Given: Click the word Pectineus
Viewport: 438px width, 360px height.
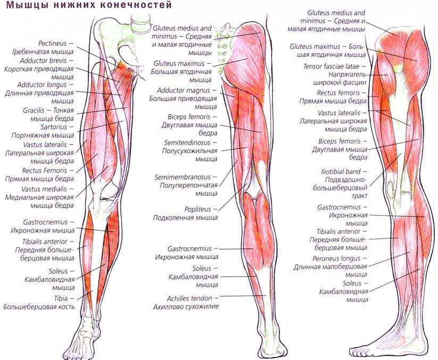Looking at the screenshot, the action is [53, 44].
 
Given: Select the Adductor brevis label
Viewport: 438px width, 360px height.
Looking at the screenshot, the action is [43, 61].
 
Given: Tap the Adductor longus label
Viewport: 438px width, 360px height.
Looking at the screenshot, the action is [42, 85].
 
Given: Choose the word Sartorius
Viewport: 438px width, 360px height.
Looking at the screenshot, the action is [54, 127].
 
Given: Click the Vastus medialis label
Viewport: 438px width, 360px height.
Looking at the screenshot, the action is [44, 189].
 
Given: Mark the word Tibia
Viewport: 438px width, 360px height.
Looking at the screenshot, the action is [61, 299].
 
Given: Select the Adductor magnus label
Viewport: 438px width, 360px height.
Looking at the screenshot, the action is [183, 90].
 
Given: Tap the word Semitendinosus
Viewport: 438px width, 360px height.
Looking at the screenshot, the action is [187, 143].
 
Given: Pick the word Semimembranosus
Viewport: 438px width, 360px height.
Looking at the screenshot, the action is [183, 177].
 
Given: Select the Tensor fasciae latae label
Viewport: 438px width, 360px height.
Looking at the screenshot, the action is [331, 66].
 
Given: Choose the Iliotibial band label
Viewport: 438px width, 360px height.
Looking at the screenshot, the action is [341, 171].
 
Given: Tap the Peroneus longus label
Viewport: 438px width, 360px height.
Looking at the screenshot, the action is [336, 258].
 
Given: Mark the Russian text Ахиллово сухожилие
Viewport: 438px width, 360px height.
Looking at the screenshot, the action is [186, 307].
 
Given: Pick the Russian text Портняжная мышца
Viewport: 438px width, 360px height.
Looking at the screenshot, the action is [43, 136].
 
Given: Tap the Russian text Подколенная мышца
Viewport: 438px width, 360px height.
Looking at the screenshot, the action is [185, 217].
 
